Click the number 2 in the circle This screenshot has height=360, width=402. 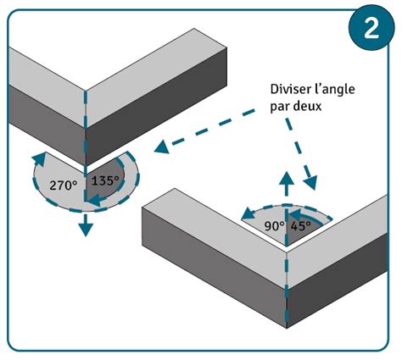[x=371, y=28]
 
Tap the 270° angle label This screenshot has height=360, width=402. [x=64, y=186]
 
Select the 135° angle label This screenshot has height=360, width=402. [x=105, y=180]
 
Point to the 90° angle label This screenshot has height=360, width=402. [x=274, y=226]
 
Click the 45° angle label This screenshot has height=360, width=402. [x=301, y=226]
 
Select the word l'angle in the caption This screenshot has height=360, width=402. [x=335, y=90]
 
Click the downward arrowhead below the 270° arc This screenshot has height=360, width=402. [x=86, y=229]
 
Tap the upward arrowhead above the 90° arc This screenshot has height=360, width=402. [x=287, y=179]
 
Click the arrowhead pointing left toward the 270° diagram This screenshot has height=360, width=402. [x=162, y=147]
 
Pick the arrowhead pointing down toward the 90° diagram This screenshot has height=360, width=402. [x=310, y=182]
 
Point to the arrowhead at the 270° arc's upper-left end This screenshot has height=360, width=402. [x=40, y=158]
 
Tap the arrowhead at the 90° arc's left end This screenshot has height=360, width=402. [x=248, y=213]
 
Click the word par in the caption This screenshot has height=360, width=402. [x=280, y=108]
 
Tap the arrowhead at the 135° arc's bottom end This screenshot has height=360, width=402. [x=95, y=201]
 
